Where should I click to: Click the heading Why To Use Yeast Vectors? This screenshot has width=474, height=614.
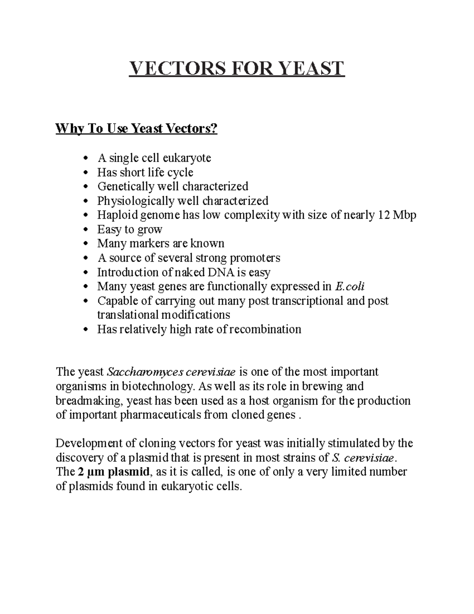136,128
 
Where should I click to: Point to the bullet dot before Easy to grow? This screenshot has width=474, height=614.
86,230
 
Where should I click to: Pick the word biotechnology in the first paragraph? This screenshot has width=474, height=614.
157,386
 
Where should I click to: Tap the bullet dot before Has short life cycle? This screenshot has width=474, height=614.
86,173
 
